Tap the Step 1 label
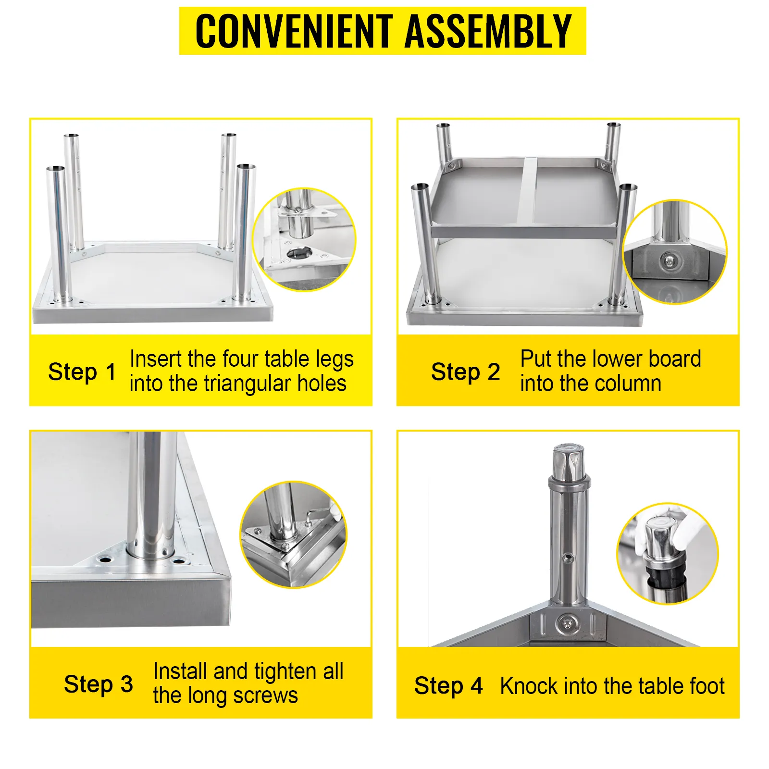[x=82, y=372]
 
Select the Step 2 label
[x=465, y=372]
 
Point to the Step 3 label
[x=99, y=684]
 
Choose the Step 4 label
[x=448, y=686]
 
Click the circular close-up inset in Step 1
[x=304, y=239]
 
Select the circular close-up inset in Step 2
[x=675, y=252]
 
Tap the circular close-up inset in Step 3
[x=293, y=534]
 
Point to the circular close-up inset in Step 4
[x=668, y=554]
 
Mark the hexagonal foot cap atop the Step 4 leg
[x=569, y=463]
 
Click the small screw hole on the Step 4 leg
[x=569, y=558]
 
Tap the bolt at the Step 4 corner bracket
[x=568, y=624]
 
